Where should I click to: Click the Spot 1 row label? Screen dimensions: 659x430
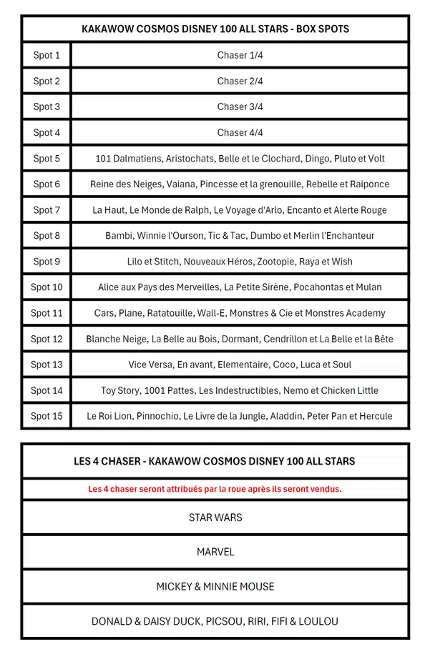pyautogui.click(x=47, y=55)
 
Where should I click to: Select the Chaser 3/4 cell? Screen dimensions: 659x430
pyautogui.click(x=240, y=106)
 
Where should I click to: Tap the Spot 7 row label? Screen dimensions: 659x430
pyautogui.click(x=47, y=210)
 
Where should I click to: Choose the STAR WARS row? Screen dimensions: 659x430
pyautogui.click(x=215, y=517)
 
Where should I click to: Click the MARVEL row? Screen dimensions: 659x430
pyautogui.click(x=215, y=552)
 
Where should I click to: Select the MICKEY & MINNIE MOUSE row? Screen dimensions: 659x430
pyautogui.click(x=215, y=587)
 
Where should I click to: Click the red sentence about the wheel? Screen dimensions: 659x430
pyautogui.click(x=215, y=490)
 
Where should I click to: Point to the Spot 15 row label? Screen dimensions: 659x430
pyautogui.click(x=47, y=416)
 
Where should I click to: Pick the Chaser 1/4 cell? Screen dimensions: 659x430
pyautogui.click(x=240, y=55)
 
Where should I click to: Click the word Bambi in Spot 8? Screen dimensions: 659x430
pyautogui.click(x=119, y=236)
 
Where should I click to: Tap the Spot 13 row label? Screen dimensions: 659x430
pyautogui.click(x=47, y=365)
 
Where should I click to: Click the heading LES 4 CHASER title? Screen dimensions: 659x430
pyautogui.click(x=215, y=462)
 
